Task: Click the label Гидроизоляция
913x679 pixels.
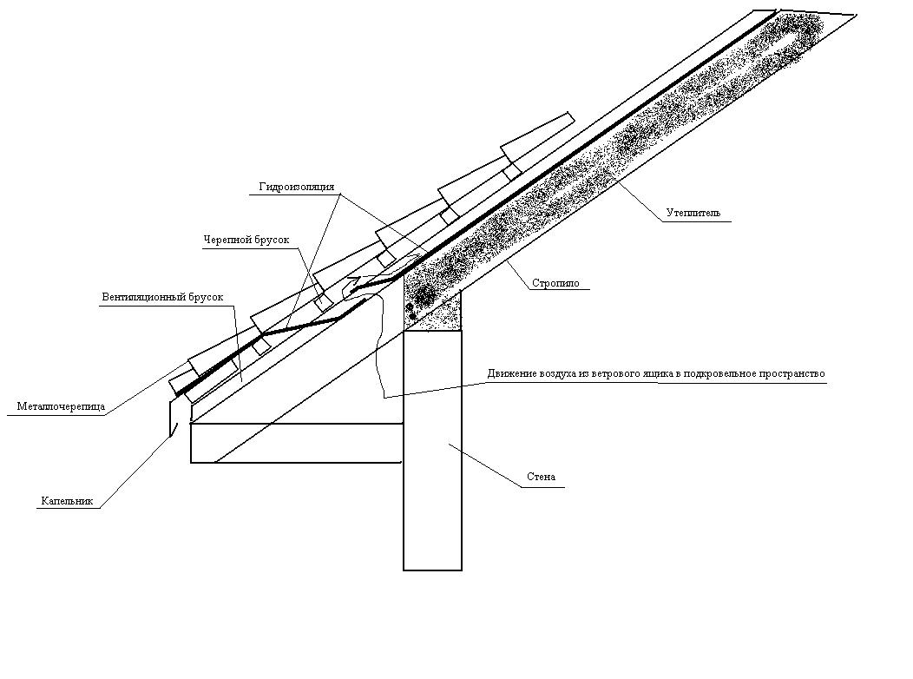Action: point(296,187)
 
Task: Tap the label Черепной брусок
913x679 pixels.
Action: point(246,240)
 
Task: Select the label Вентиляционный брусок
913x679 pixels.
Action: point(162,297)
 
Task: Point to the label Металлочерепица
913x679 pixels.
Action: point(61,406)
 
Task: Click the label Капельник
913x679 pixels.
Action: point(66,501)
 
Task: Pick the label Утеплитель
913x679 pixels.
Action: point(693,213)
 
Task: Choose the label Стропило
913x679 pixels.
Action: point(555,283)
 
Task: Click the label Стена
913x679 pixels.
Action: point(541,478)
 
